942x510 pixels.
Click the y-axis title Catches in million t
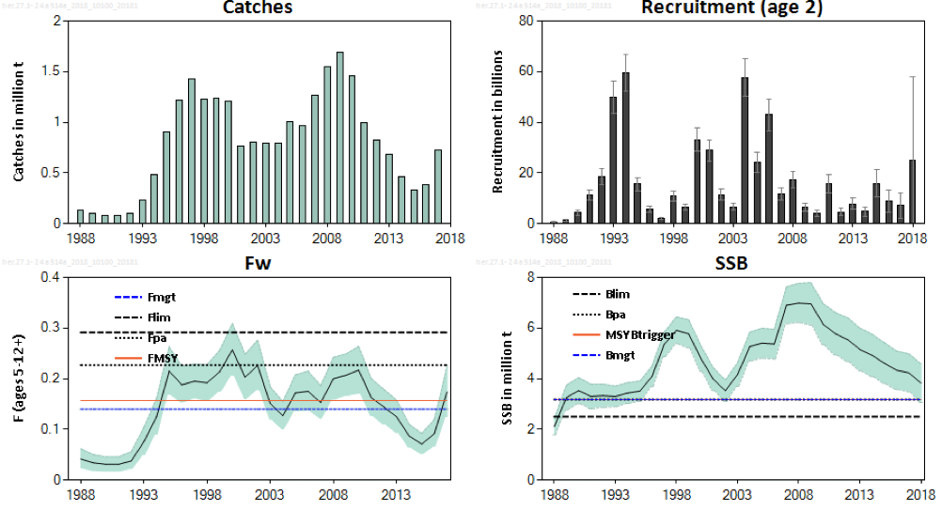click(20, 121)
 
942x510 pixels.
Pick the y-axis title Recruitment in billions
click(498, 121)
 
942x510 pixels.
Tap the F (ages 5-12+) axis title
click(23, 379)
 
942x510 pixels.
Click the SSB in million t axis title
click(506, 379)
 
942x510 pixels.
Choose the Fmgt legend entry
click(163, 298)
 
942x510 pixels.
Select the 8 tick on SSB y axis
click(532, 277)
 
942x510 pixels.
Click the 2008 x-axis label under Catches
click(327, 238)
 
